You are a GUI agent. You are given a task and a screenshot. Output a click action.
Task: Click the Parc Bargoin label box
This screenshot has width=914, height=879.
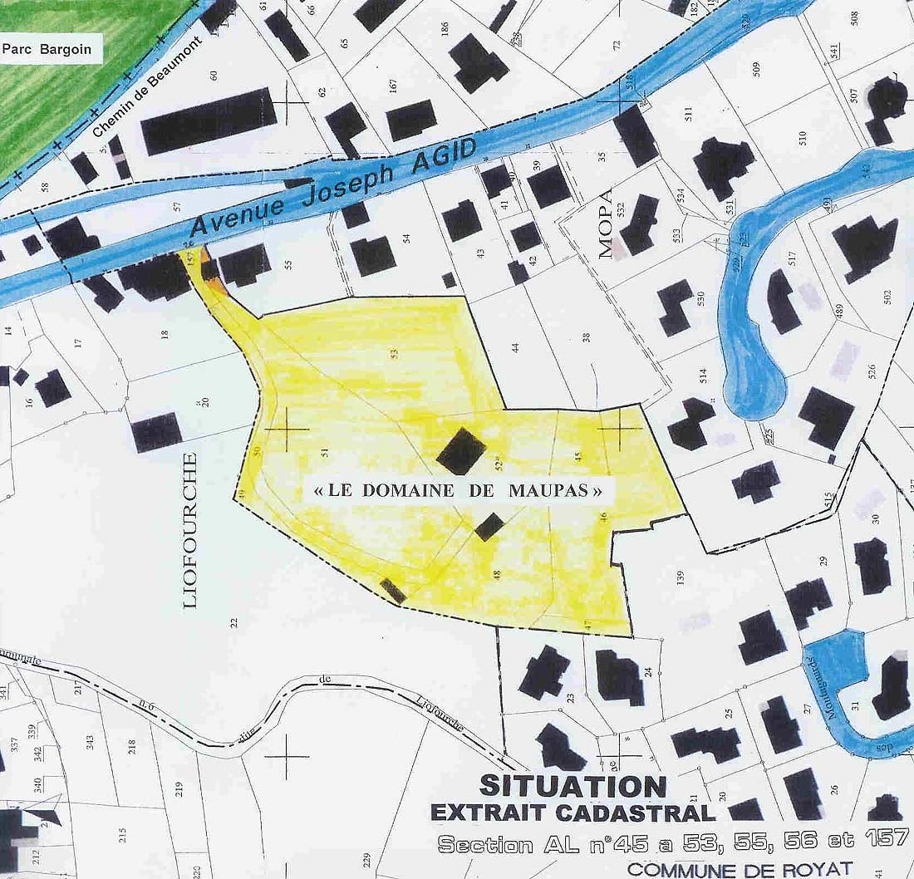click(x=52, y=49)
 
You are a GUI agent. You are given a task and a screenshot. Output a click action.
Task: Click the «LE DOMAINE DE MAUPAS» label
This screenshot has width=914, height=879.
click(x=458, y=490)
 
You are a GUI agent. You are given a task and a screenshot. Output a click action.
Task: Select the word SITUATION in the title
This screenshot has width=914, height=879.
click(x=572, y=786)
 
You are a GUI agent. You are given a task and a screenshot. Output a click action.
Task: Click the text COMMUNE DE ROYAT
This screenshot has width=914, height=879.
click(x=740, y=869)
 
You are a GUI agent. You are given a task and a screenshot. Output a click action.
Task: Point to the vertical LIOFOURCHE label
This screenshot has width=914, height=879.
click(x=190, y=530)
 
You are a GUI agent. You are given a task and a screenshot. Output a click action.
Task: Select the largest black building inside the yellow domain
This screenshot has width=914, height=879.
click(x=461, y=452)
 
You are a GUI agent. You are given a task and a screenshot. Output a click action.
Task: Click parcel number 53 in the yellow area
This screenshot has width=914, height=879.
click(x=395, y=353)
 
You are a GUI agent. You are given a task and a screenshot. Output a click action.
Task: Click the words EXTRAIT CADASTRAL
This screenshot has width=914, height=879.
click(x=572, y=813)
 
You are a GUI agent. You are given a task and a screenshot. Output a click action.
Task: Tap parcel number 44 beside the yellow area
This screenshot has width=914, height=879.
click(x=517, y=348)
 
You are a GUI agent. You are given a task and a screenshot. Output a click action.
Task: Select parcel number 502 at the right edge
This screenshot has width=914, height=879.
click(x=887, y=295)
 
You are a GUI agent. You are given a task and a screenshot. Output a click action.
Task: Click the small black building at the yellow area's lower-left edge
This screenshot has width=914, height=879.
click(x=393, y=590)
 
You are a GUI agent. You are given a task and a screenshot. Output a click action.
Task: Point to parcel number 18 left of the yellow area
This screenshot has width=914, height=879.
click(x=165, y=335)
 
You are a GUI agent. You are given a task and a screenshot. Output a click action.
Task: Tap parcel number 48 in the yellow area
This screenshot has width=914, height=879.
click(x=497, y=574)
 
